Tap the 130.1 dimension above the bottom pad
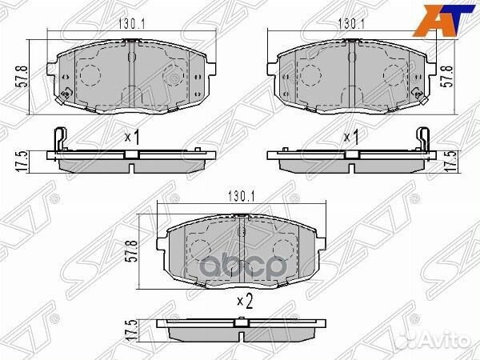pyautogui.click(x=240, y=194)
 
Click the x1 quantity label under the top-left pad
pyautogui.click(x=132, y=138)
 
